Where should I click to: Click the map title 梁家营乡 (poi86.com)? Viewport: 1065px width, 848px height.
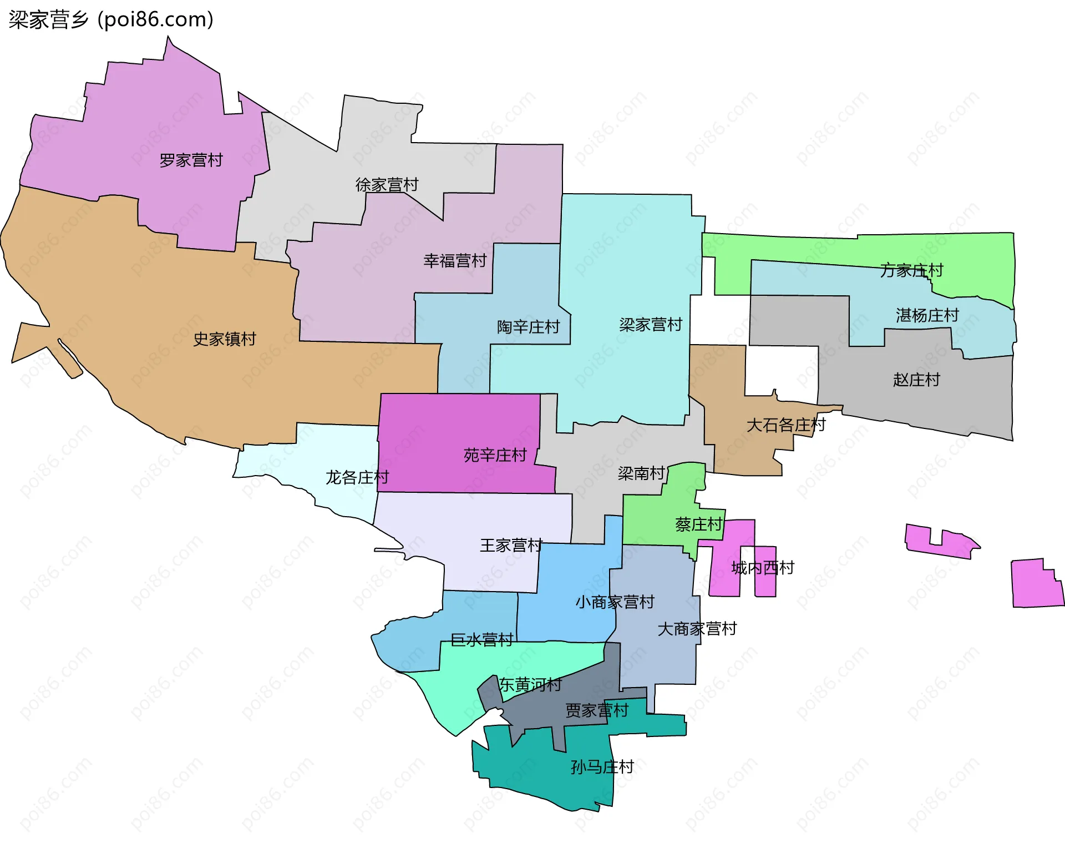tap(111, 20)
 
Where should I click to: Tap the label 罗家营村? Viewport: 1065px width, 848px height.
tap(191, 160)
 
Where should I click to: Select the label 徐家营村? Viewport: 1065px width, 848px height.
tap(387, 185)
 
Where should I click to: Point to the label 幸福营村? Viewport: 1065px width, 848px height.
tap(455, 261)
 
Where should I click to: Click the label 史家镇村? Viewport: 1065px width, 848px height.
tap(224, 339)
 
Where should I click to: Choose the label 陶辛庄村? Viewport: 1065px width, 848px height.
tap(528, 327)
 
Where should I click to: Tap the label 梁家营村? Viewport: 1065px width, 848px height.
tap(650, 325)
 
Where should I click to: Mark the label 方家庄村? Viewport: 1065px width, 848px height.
tap(911, 271)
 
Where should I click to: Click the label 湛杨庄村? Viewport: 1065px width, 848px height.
tap(927, 316)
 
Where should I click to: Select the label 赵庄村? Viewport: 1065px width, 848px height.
tap(916, 380)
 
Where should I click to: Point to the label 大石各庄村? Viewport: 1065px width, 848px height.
tap(785, 426)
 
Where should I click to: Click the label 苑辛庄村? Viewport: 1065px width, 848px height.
tap(495, 456)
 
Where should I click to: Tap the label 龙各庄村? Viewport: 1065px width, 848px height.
tap(357, 477)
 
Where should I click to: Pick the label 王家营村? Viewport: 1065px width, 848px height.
tap(511, 546)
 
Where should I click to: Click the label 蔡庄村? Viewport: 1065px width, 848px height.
tap(698, 524)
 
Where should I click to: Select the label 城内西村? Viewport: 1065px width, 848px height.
tap(762, 568)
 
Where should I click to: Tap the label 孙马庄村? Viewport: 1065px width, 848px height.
tap(602, 768)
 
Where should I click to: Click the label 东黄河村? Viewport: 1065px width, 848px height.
tap(530, 685)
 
